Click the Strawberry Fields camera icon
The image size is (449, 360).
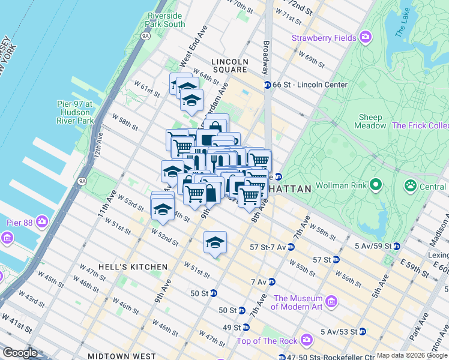coord(366,38)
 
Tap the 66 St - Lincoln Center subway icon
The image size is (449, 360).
coord(267,85)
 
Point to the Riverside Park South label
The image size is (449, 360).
coord(165,20)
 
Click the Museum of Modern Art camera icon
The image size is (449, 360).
coord(330,299)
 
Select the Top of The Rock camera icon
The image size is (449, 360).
coord(307,340)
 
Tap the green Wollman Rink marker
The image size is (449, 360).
coord(376,184)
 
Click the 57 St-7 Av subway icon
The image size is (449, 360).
coord(291,247)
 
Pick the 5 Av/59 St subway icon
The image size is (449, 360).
coord(396,246)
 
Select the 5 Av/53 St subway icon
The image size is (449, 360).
coord(362,331)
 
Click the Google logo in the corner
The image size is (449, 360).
coord(20,353)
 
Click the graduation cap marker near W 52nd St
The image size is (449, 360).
coord(215,243)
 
